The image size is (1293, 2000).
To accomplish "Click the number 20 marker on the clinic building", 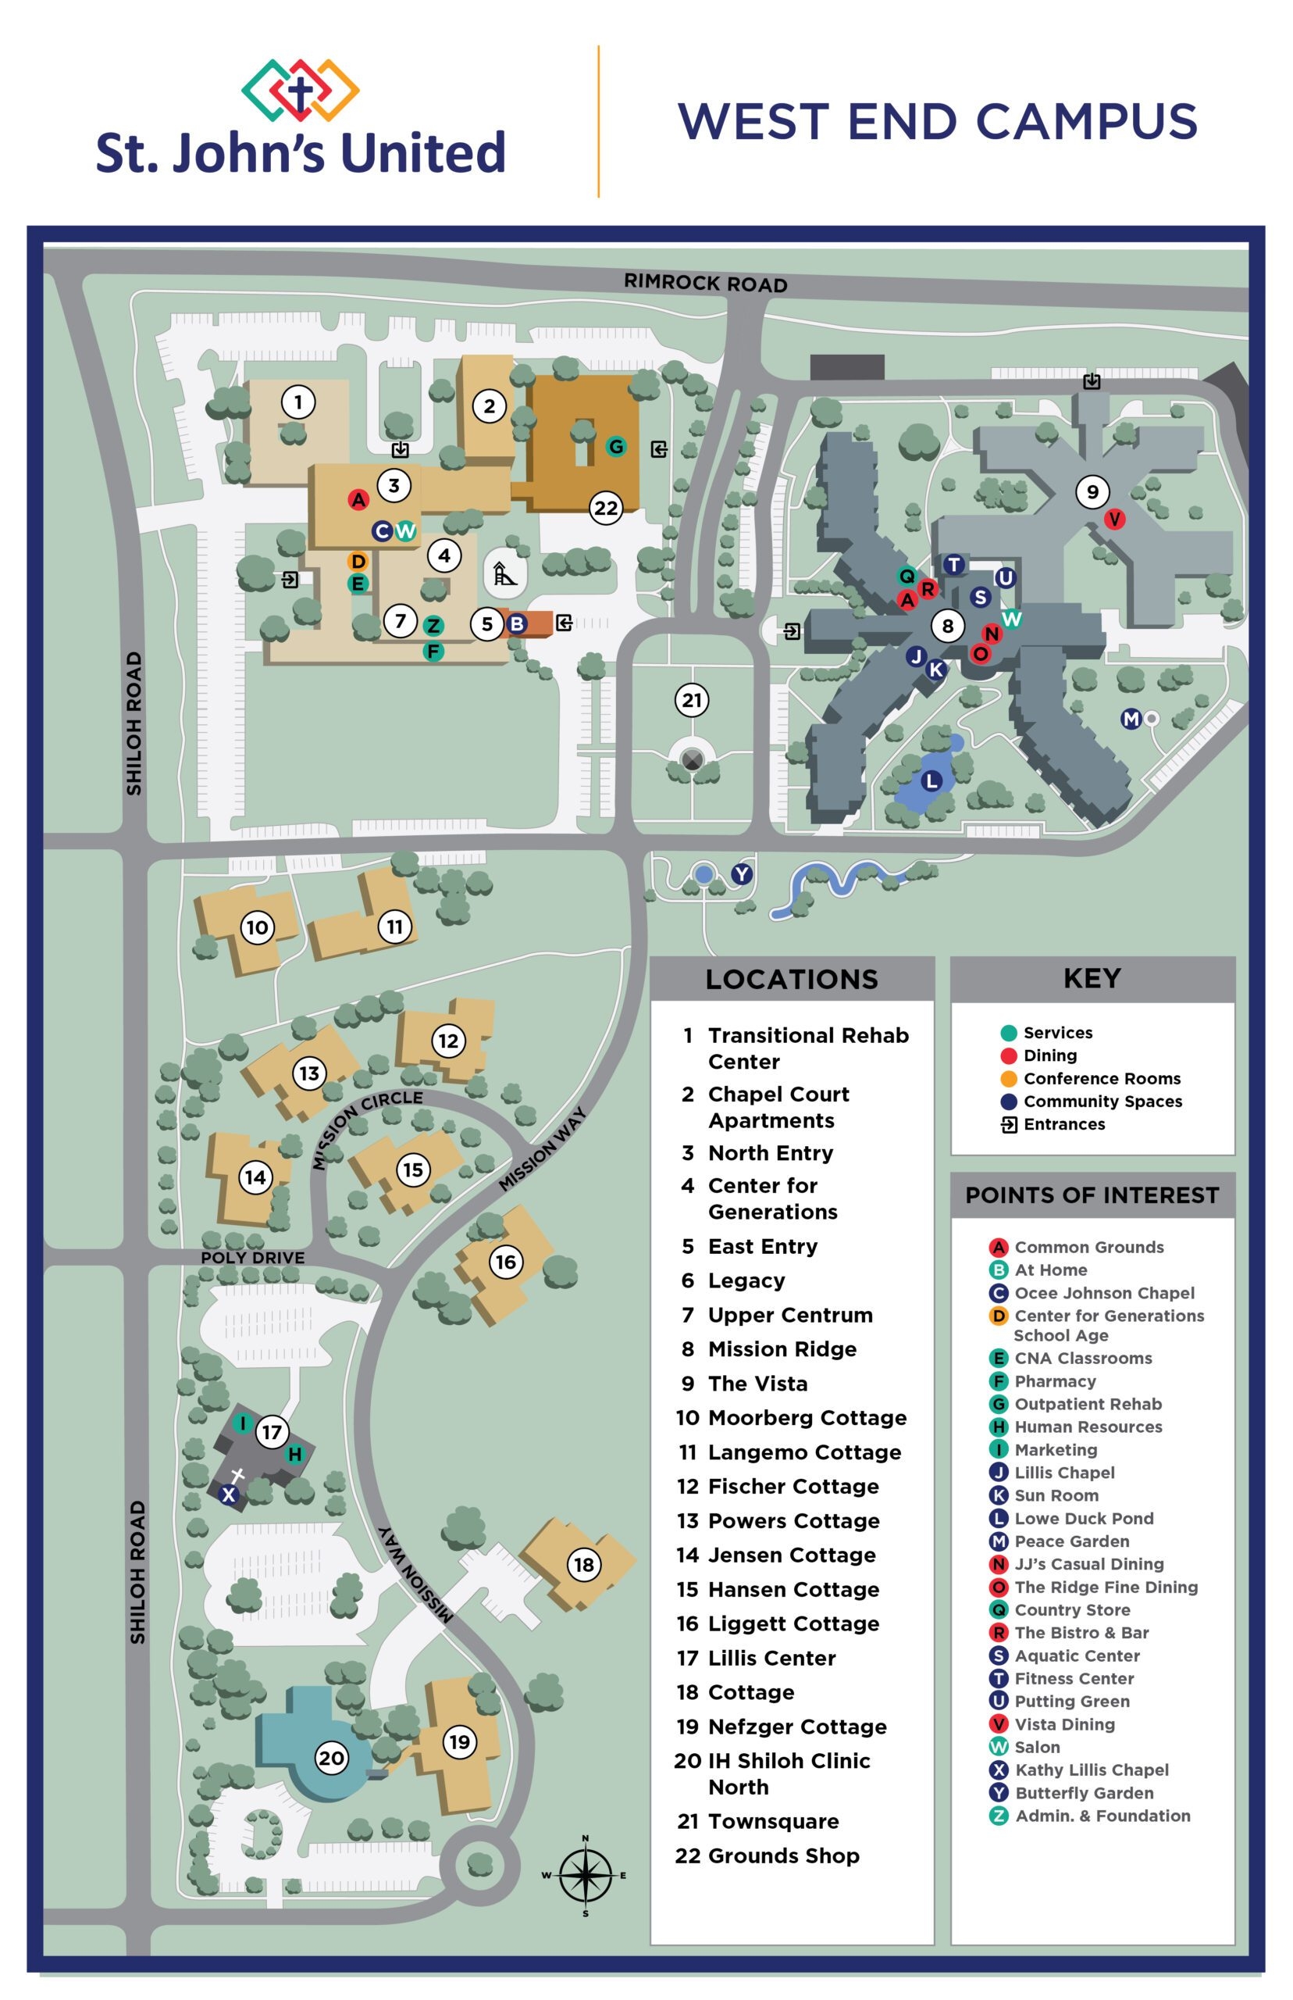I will point(331,1757).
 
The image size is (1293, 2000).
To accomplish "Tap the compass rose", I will point(586,1875).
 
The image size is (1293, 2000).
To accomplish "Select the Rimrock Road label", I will point(705,283).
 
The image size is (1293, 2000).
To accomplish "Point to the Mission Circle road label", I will point(366,1130).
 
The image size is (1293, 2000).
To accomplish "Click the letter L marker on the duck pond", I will point(931,781).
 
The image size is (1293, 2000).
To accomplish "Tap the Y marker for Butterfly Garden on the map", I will point(742,874).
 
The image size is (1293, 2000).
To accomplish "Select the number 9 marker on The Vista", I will point(1092,491).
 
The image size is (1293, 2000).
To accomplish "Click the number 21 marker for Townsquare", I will point(692,700).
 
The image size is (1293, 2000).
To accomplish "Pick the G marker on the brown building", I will point(616,446).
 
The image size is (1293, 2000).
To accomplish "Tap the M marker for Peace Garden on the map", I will point(1131,718).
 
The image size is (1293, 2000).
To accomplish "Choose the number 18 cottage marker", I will point(583,1564).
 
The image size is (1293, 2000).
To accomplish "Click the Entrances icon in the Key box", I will point(1010,1124).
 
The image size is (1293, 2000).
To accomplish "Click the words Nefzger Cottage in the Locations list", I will point(796,1726).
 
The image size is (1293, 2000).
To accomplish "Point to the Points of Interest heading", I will point(1092,1195).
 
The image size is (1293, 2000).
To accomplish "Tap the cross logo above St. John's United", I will point(300,90).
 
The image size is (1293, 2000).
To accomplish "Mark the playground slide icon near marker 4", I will point(504,574).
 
